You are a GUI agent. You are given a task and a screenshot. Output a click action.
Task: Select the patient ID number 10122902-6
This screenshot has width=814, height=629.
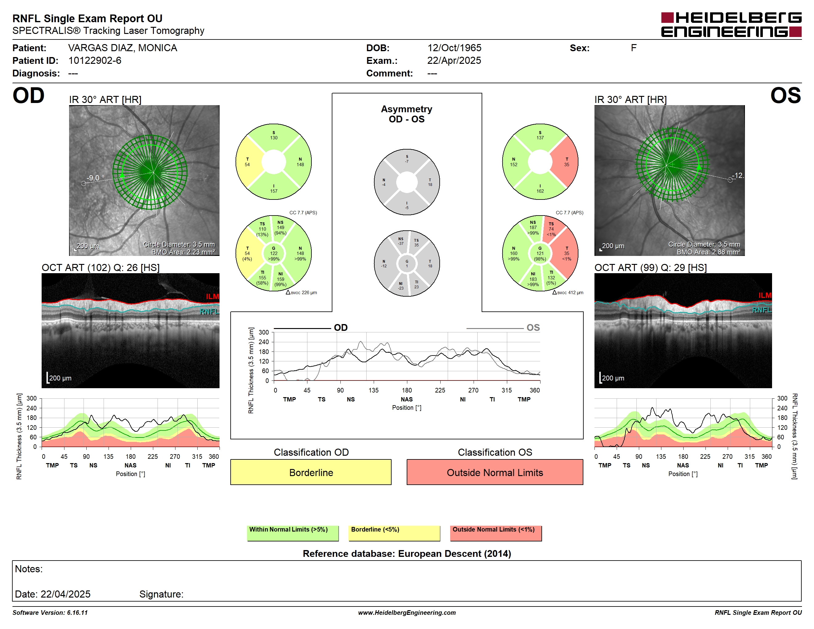(x=95, y=60)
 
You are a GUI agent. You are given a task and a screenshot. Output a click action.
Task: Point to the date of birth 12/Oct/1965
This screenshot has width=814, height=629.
(x=454, y=48)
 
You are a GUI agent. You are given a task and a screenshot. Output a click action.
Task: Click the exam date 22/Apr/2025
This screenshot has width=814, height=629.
(x=454, y=60)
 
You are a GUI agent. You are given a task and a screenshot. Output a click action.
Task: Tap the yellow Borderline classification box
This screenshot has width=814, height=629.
(x=311, y=472)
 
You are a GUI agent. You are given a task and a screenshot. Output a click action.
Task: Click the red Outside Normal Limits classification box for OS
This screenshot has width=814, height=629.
(x=495, y=472)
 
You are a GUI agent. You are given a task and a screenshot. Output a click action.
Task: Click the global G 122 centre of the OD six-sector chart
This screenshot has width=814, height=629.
(x=273, y=253)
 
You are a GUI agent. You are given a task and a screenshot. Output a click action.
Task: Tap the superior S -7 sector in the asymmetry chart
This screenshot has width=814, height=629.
(x=407, y=159)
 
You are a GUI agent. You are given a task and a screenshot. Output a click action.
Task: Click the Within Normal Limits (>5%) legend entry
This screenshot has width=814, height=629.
(x=293, y=533)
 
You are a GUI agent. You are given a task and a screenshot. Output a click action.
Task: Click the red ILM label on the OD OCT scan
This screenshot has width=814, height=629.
(x=212, y=297)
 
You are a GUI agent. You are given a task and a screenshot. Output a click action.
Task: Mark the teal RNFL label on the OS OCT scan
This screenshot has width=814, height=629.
(x=762, y=310)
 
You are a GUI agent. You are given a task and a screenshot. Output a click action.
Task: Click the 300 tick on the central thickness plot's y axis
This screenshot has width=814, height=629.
(x=264, y=332)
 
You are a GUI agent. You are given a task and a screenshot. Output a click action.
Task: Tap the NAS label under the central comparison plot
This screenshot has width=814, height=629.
(x=407, y=399)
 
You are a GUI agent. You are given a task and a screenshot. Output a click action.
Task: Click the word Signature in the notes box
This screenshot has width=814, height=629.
(x=161, y=594)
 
